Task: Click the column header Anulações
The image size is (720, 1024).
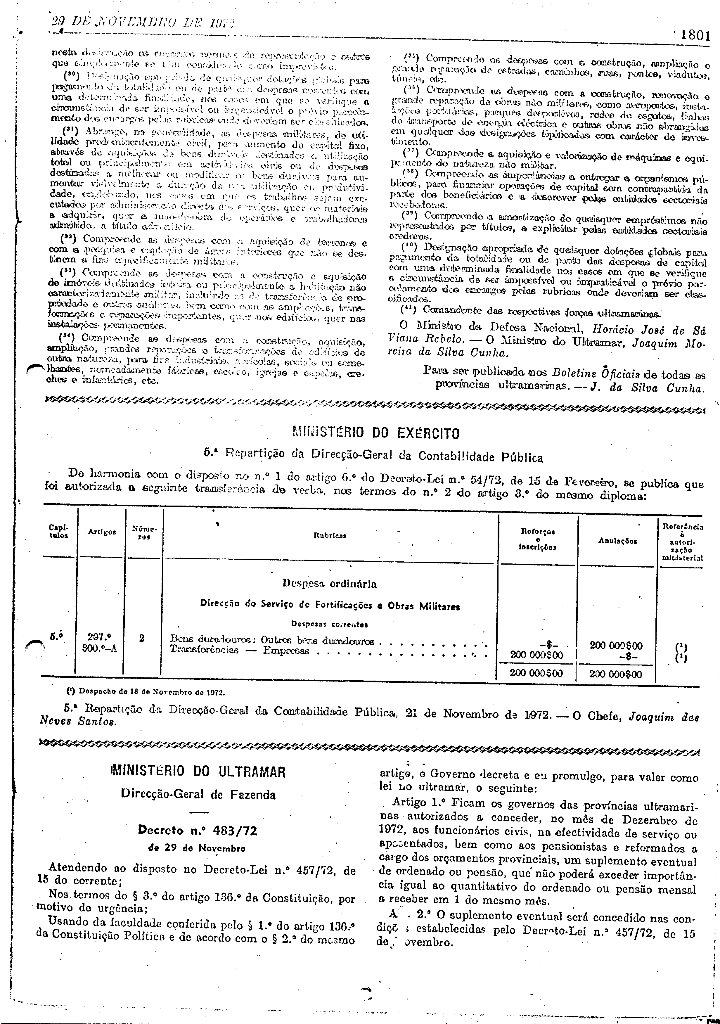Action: coord(617,541)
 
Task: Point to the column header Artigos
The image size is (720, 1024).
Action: coord(102,532)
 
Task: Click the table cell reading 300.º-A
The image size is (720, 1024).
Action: coord(100,648)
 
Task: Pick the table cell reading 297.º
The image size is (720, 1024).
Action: coord(99,638)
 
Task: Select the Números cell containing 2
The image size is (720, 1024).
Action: coord(142,638)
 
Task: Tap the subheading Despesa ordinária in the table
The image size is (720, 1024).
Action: coord(329,584)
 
